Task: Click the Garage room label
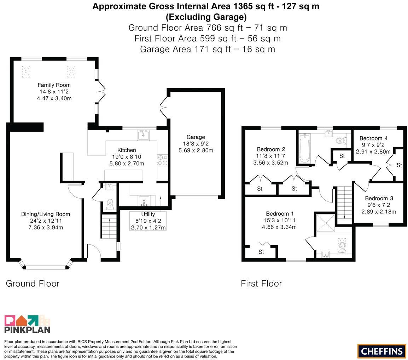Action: tap(196, 137)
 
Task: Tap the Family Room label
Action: tap(54, 85)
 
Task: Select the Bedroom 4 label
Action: tap(374, 138)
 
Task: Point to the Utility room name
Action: tap(148, 215)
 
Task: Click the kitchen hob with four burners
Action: tap(163, 160)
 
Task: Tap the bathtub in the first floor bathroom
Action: tap(304, 148)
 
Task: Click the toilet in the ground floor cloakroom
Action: tap(110, 204)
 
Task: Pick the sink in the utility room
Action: tap(144, 201)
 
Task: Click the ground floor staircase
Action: tap(109, 226)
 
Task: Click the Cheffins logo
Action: tap(382, 351)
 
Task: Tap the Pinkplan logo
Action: tap(27, 324)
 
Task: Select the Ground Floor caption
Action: tap(33, 284)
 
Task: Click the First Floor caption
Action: tap(261, 284)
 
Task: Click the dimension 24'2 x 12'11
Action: tap(46, 221)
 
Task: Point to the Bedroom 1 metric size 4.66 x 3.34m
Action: tap(279, 227)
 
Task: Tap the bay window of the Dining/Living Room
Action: tap(46, 265)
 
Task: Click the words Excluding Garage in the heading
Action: tap(206, 17)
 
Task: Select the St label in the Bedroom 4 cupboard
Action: tap(399, 165)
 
